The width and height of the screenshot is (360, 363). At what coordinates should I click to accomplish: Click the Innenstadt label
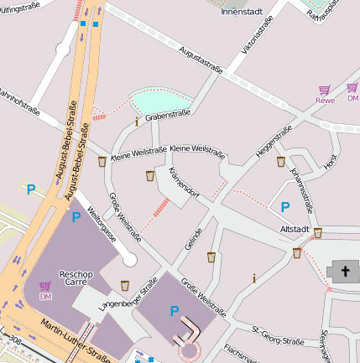241,13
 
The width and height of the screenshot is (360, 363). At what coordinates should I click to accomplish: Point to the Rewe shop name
325,101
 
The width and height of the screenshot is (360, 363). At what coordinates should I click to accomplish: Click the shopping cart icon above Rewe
324,89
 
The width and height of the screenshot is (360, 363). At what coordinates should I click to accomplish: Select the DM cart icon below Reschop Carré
44,287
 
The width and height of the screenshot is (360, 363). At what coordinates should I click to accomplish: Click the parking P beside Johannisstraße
285,206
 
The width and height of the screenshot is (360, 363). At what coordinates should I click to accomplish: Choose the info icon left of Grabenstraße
137,122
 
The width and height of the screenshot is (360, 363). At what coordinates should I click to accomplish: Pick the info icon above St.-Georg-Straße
254,277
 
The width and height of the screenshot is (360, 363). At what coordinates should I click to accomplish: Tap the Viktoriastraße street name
256,39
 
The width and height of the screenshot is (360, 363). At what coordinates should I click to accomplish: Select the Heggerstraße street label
273,141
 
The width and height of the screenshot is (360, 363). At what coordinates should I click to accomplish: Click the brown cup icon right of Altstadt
318,233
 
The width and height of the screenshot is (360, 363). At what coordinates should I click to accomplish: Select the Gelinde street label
192,239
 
